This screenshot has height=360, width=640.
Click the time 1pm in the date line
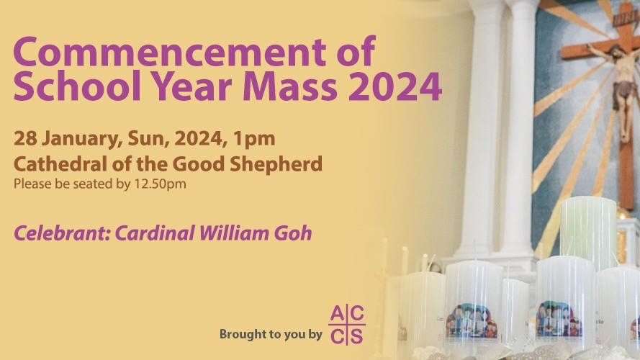pos(254,140)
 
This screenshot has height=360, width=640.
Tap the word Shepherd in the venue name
pos(276,165)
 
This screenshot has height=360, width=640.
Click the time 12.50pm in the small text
pos(160,184)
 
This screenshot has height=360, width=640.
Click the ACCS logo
pos(347,325)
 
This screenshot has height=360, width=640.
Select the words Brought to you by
pos(271,335)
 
